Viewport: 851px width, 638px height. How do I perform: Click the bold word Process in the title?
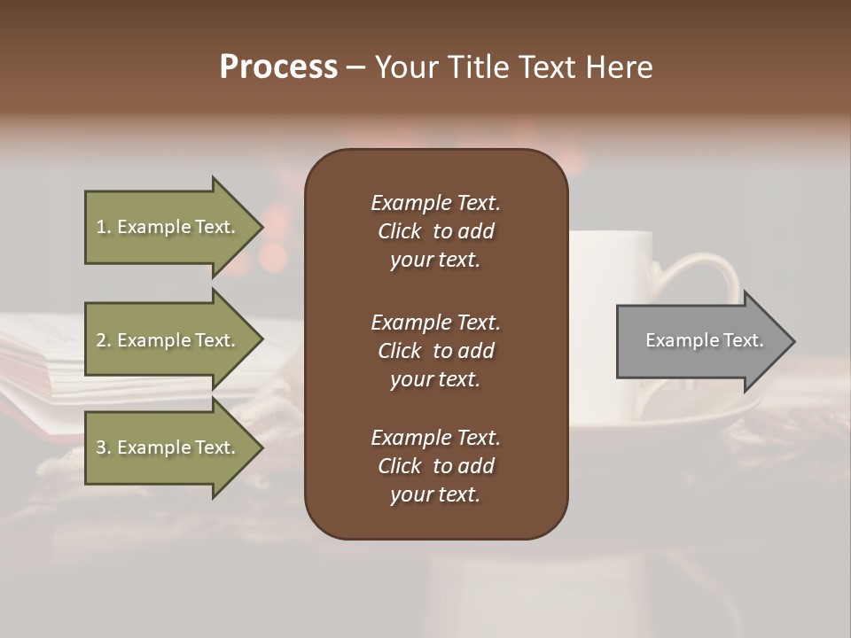(278, 67)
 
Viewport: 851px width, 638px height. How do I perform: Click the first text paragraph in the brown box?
(435, 231)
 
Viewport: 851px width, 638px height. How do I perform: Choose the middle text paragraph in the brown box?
(435, 351)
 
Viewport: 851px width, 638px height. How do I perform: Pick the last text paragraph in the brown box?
(435, 466)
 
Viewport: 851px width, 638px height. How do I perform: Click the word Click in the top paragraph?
(399, 231)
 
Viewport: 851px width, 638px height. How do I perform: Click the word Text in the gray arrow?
(745, 340)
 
